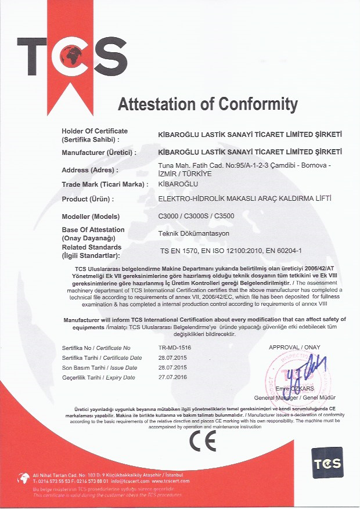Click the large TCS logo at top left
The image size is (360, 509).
coord(72,53)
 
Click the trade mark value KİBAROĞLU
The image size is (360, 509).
coord(179,184)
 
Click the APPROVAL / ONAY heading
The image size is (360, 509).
coord(295,347)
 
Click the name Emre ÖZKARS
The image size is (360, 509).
coord(294,388)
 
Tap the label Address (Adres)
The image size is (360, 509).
coord(89,170)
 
